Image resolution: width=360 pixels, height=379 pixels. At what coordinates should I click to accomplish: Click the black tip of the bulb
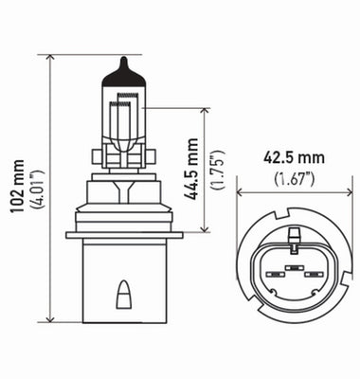[x=123, y=63]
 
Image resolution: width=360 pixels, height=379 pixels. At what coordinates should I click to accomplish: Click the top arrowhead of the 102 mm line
[x=47, y=58]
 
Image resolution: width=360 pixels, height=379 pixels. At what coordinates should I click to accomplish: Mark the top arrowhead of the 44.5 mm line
[x=204, y=111]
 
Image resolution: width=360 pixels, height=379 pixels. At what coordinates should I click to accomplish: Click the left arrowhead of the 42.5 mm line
[x=241, y=192]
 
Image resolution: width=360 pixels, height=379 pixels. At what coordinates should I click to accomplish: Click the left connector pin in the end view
[x=273, y=276]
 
